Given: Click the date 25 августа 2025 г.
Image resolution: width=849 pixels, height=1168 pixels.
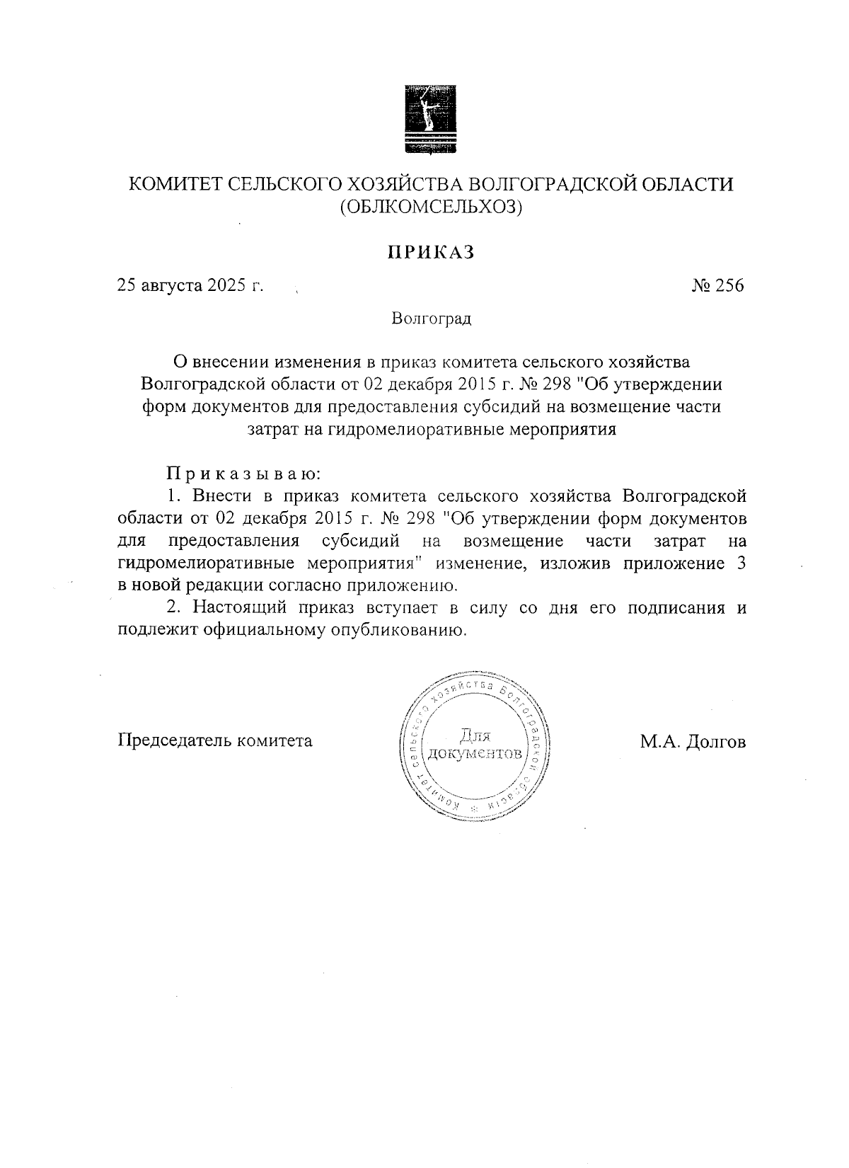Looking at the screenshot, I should coord(190,285).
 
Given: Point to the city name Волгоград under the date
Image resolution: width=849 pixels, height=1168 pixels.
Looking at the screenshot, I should coord(431,319).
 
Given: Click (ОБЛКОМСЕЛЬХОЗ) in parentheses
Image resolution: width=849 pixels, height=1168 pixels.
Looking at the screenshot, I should coord(431,207).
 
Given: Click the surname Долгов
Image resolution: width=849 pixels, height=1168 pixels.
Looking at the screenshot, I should coord(716,742).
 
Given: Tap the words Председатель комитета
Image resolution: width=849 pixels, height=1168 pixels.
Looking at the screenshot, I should coord(214,740).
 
